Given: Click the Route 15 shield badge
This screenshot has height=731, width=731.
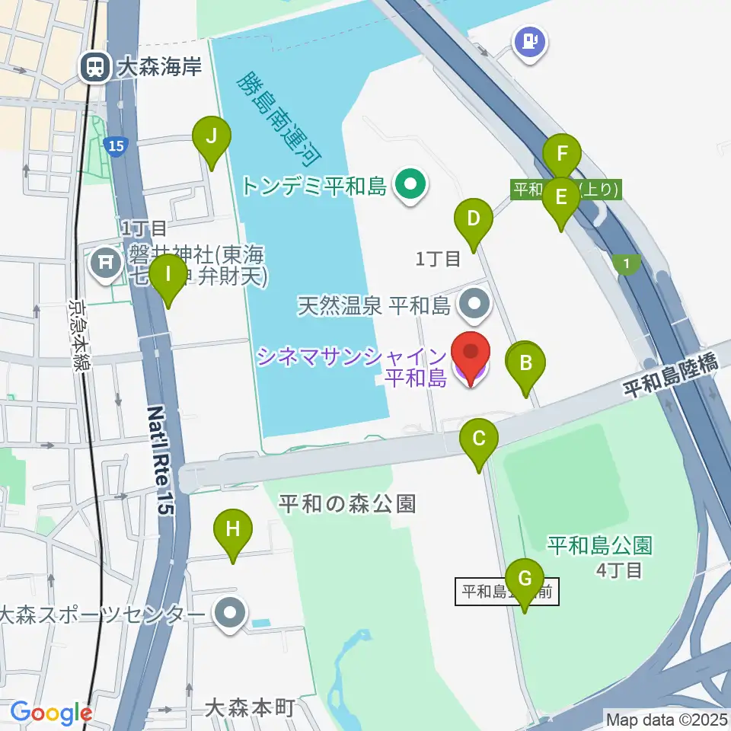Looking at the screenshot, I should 115,146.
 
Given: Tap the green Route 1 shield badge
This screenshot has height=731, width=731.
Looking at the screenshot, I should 625,263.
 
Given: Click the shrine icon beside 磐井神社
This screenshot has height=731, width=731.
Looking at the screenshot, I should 106,263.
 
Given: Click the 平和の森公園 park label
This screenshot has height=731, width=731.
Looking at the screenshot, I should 346,503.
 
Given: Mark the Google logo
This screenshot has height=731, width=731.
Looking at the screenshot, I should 51,713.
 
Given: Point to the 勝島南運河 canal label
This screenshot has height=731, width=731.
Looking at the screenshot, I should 279,118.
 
